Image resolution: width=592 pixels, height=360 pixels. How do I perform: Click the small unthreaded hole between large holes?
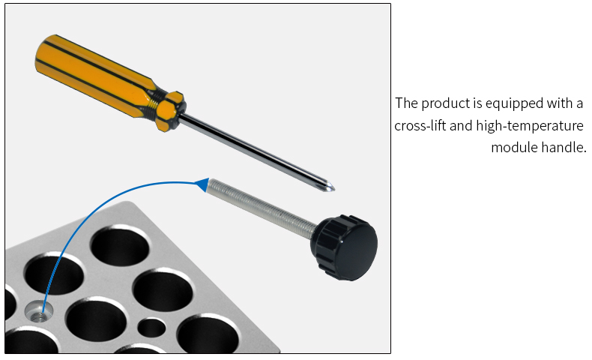153,327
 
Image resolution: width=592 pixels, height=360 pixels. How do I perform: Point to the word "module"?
513,148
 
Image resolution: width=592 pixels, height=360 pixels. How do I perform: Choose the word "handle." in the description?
562,148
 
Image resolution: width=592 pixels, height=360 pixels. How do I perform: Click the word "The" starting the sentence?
405,103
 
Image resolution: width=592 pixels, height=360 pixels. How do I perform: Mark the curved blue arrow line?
82,217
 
